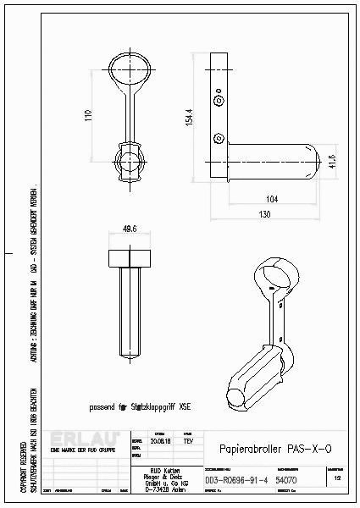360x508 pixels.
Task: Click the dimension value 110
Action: click(x=87, y=116)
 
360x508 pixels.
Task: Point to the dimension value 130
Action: click(x=265, y=215)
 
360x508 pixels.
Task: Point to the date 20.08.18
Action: click(x=159, y=441)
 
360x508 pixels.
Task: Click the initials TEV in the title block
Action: click(x=187, y=441)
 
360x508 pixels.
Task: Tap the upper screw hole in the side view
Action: click(x=220, y=101)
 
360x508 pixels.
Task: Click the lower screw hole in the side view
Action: click(x=219, y=137)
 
